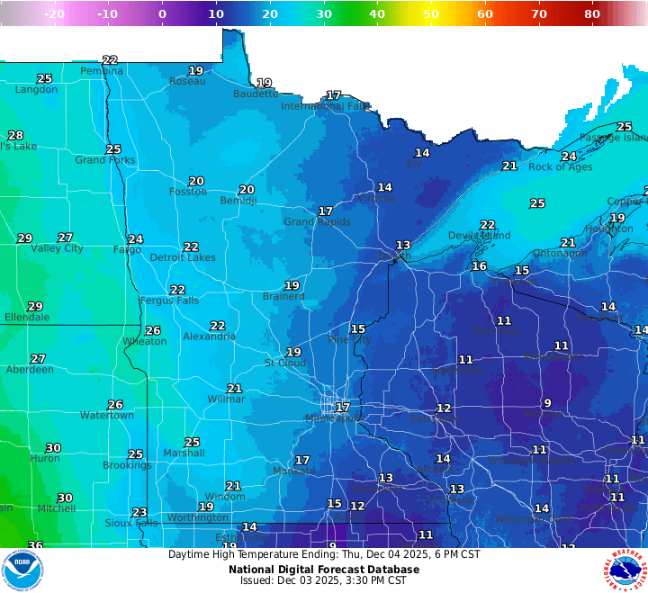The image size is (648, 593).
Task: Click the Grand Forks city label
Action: click(105, 160)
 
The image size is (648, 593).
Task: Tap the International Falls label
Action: click(325, 106)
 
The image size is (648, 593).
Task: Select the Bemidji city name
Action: click(238, 201)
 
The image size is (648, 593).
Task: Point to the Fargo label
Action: click(127, 249)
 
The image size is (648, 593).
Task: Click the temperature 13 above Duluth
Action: click(403, 245)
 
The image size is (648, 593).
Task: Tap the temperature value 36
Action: click(35, 545)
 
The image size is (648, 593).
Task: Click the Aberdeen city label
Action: click(30, 370)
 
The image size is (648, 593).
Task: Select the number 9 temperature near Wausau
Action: click(547, 403)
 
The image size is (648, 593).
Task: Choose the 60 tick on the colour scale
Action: click(485, 13)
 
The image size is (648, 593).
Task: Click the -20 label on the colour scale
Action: click(54, 13)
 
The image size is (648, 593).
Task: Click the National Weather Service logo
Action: click(625, 570)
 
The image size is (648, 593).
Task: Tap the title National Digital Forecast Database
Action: click(323, 569)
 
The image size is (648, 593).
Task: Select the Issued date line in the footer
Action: click(323, 580)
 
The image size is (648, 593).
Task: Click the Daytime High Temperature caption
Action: click(323, 554)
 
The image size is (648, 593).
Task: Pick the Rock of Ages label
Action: click(560, 166)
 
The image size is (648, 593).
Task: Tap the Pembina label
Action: click(102, 71)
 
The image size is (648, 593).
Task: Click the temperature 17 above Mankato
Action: click(302, 460)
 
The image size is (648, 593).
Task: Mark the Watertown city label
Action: click(107, 416)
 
